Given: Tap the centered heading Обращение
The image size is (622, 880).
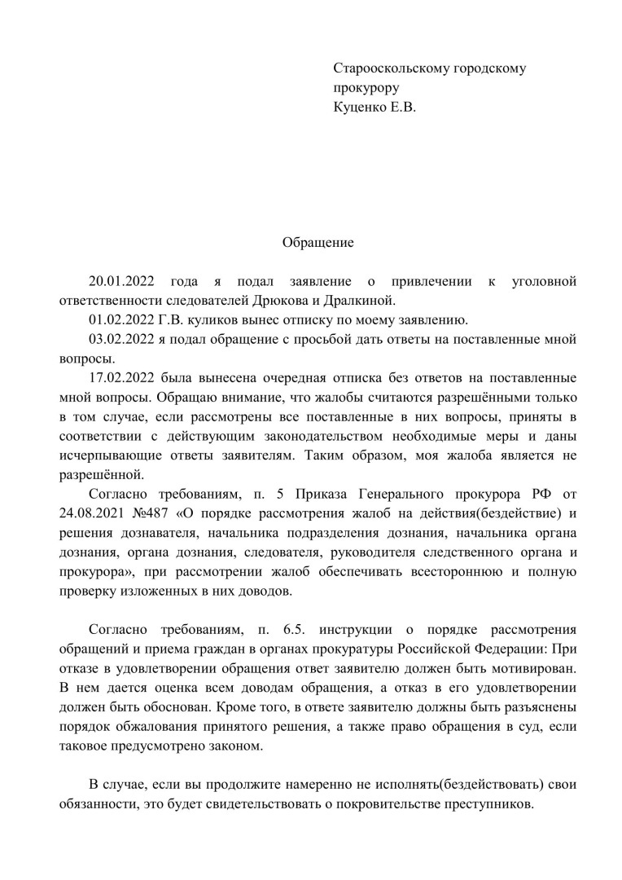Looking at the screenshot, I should point(318,242).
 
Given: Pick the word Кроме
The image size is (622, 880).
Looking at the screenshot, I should point(269,707).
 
